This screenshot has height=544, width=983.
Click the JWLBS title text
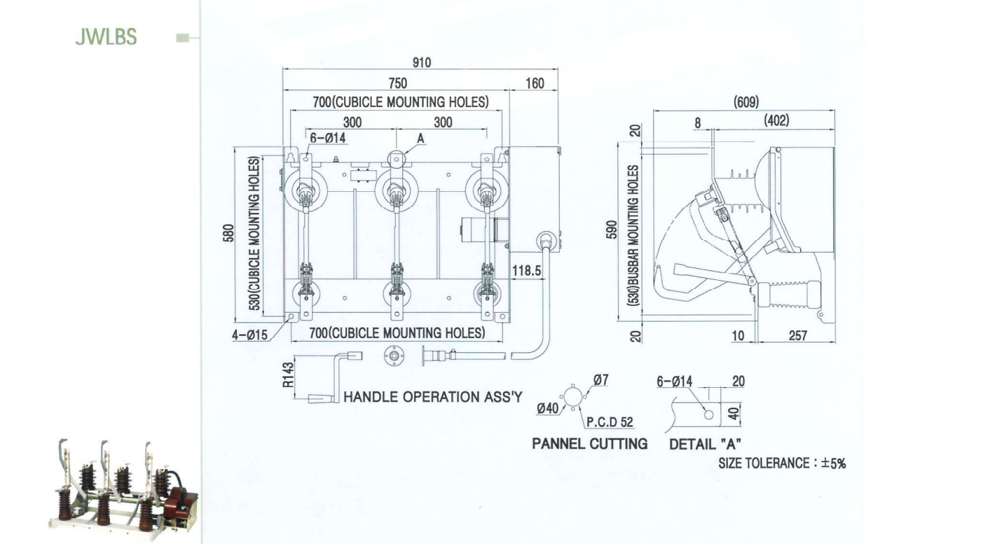106,37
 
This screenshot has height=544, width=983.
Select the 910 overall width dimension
422,63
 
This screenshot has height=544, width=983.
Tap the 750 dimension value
397,83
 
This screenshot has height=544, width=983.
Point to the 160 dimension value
535,83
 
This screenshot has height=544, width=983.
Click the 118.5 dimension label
527,271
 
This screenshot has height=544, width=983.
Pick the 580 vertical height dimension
228,233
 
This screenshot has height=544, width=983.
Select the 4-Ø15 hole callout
249,335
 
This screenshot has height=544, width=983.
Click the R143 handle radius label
288,375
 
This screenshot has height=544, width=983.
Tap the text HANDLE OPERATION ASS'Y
433,397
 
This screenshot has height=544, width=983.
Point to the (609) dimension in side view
746,102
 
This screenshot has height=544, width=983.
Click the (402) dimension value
776,120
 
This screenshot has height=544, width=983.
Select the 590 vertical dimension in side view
611,230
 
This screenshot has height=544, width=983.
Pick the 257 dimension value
798,336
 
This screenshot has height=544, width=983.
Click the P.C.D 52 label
610,422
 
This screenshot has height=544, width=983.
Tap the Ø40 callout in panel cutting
548,409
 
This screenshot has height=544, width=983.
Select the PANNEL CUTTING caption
589,444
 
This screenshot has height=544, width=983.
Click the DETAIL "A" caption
705,445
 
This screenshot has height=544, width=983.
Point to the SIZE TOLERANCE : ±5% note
782,463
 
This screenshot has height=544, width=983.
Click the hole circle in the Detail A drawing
709,414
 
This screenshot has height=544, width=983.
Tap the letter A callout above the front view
420,139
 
